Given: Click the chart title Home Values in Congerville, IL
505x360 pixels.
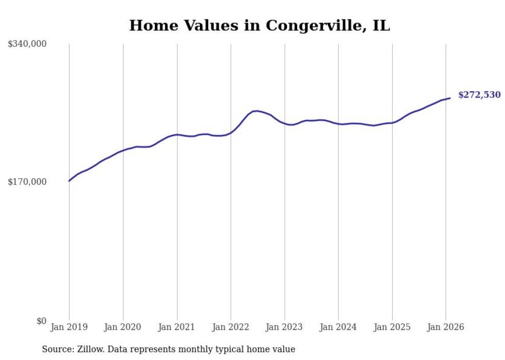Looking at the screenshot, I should [x=259, y=25].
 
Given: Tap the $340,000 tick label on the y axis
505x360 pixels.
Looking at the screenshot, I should [x=27, y=44].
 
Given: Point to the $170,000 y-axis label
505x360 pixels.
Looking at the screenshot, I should [x=27, y=182].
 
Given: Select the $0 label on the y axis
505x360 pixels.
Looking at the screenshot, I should [x=42, y=321].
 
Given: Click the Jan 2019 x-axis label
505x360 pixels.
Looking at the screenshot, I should [x=69, y=327].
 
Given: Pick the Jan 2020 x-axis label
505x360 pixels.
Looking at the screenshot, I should [x=123, y=327].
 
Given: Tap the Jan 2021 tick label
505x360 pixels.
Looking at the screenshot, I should [x=177, y=327].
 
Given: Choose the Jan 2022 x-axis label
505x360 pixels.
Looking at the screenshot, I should [x=231, y=327].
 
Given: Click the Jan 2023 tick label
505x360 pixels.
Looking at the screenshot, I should [x=284, y=327].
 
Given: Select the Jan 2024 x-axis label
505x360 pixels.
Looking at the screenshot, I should [x=338, y=327].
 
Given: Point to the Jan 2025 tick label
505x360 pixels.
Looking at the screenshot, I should [x=392, y=327].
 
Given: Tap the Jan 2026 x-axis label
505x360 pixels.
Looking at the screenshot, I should [x=446, y=327].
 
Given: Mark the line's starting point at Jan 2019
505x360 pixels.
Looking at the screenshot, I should [x=69, y=181].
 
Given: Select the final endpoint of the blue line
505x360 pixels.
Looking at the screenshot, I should [x=450, y=98].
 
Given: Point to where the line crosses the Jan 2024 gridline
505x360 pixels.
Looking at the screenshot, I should [x=338, y=124].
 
